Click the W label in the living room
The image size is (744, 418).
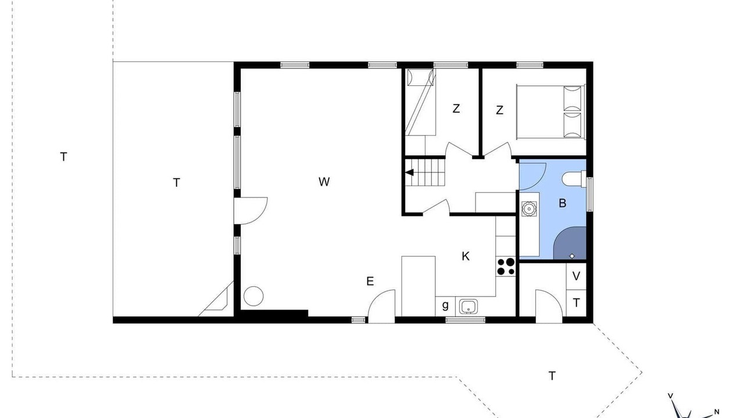[324, 182]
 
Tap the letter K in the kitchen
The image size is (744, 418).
[466, 257]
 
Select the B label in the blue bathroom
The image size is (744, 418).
[562, 203]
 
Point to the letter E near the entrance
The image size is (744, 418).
[370, 282]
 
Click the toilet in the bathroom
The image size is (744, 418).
[574, 179]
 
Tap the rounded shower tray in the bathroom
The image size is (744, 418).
[570, 243]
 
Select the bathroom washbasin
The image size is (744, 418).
[529, 208]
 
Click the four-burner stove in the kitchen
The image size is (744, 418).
[506, 267]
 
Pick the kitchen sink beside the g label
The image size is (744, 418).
[468, 306]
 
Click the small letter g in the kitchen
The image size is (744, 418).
[445, 305]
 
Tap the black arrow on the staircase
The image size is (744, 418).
[409, 172]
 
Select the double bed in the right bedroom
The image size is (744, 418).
[550, 112]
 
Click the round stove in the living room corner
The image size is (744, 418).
[253, 296]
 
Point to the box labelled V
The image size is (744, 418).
[576, 276]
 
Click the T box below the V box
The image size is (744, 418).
[576, 303]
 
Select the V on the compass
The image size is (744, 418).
[670, 396]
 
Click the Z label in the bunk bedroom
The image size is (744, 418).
[456, 109]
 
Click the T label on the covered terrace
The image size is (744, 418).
[176, 182]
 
